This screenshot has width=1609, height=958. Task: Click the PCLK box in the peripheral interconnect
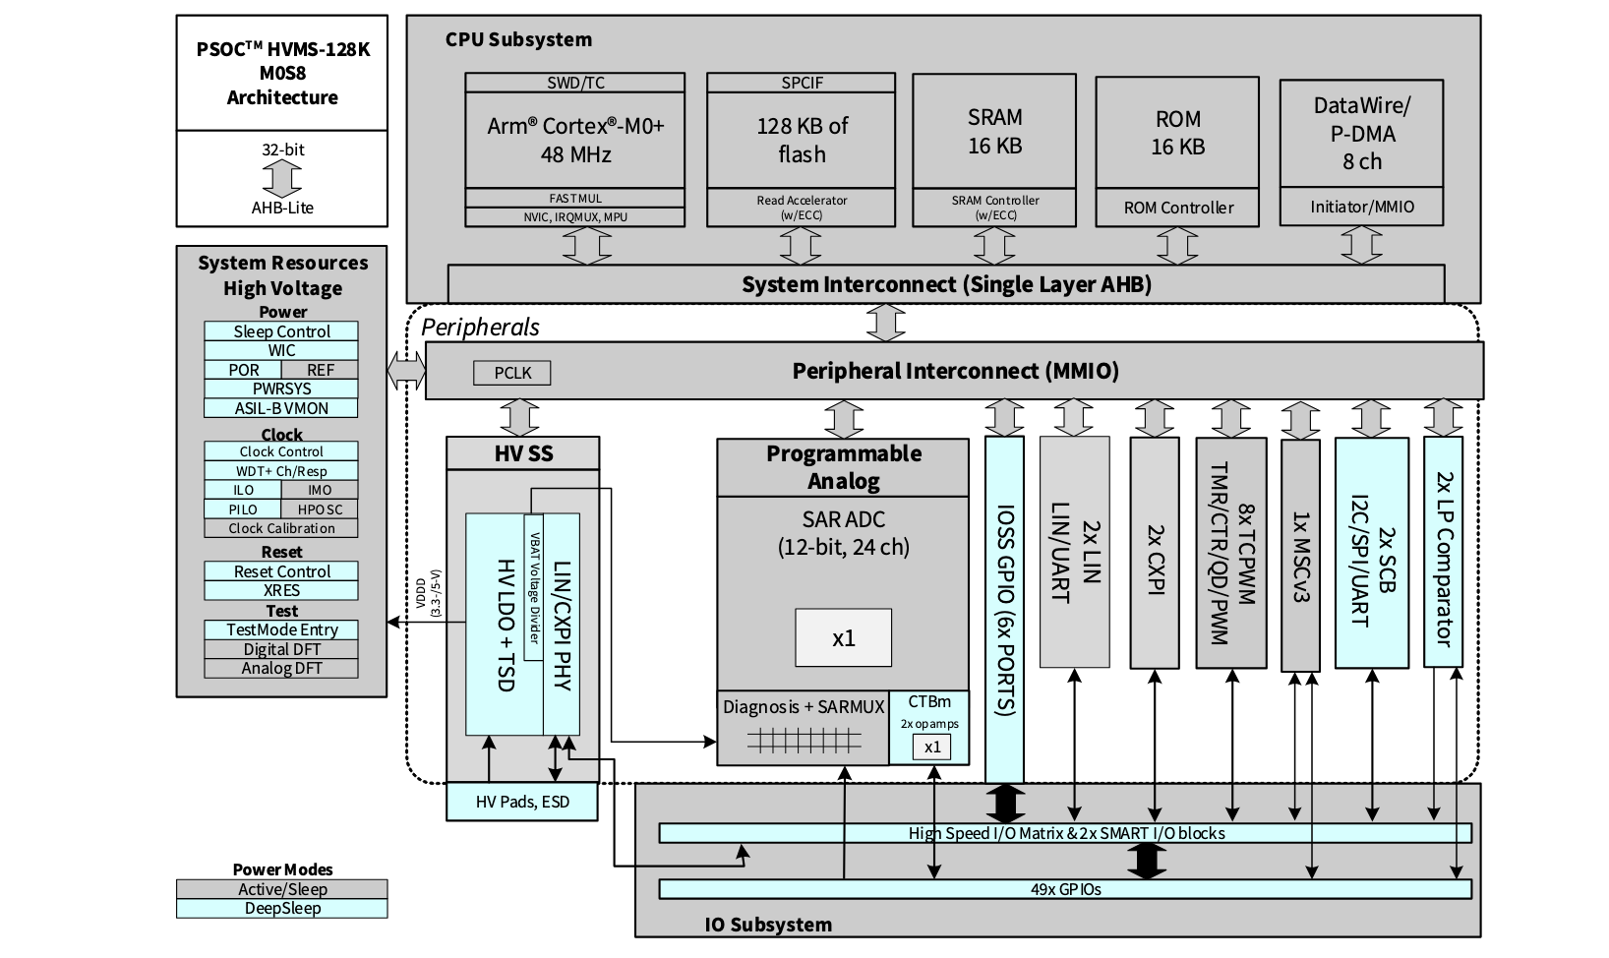511,373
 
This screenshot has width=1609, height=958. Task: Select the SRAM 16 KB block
994,131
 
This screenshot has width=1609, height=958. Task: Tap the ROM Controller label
1177,208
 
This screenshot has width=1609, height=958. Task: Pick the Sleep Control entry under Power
281,331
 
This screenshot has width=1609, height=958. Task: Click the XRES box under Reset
281,590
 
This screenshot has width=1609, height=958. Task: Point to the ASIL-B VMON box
281,408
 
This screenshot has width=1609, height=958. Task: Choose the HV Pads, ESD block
522,802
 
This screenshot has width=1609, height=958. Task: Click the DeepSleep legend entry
282,908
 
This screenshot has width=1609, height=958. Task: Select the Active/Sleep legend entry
282,889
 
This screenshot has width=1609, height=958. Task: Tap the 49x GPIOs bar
1065,889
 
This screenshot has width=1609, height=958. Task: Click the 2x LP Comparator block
1443,552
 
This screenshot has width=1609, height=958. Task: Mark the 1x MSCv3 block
1300,556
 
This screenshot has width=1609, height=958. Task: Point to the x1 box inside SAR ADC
843,638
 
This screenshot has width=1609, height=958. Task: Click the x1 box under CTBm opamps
931,747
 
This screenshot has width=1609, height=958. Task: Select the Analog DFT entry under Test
281,668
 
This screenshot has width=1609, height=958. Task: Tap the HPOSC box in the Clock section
320,509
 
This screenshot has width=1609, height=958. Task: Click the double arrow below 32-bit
282,178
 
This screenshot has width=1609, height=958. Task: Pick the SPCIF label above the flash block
802,83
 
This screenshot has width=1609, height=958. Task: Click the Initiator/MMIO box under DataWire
1361,207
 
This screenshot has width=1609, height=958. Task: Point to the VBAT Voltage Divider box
534,587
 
